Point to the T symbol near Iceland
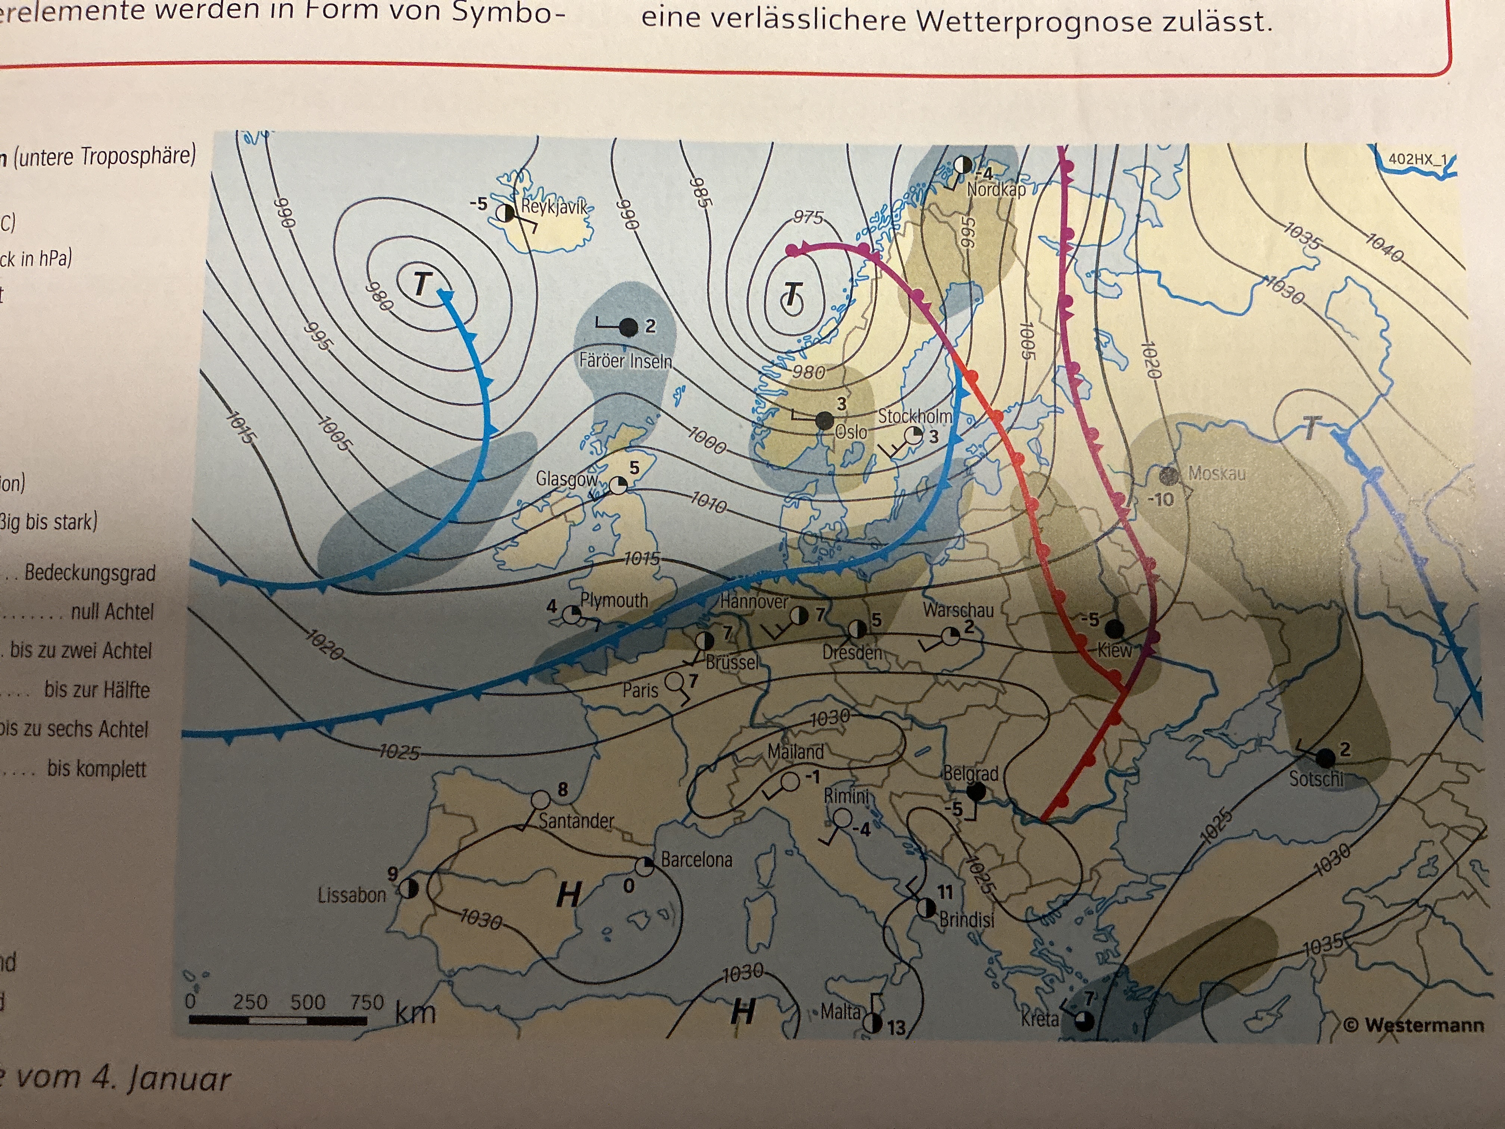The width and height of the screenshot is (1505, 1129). [423, 283]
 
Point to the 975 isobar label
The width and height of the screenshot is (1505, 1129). [808, 217]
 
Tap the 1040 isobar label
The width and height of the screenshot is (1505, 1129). [1384, 247]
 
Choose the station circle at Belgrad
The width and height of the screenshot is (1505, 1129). [976, 791]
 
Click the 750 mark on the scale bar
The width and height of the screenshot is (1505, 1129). [367, 1002]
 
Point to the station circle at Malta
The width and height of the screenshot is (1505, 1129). [873, 1023]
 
